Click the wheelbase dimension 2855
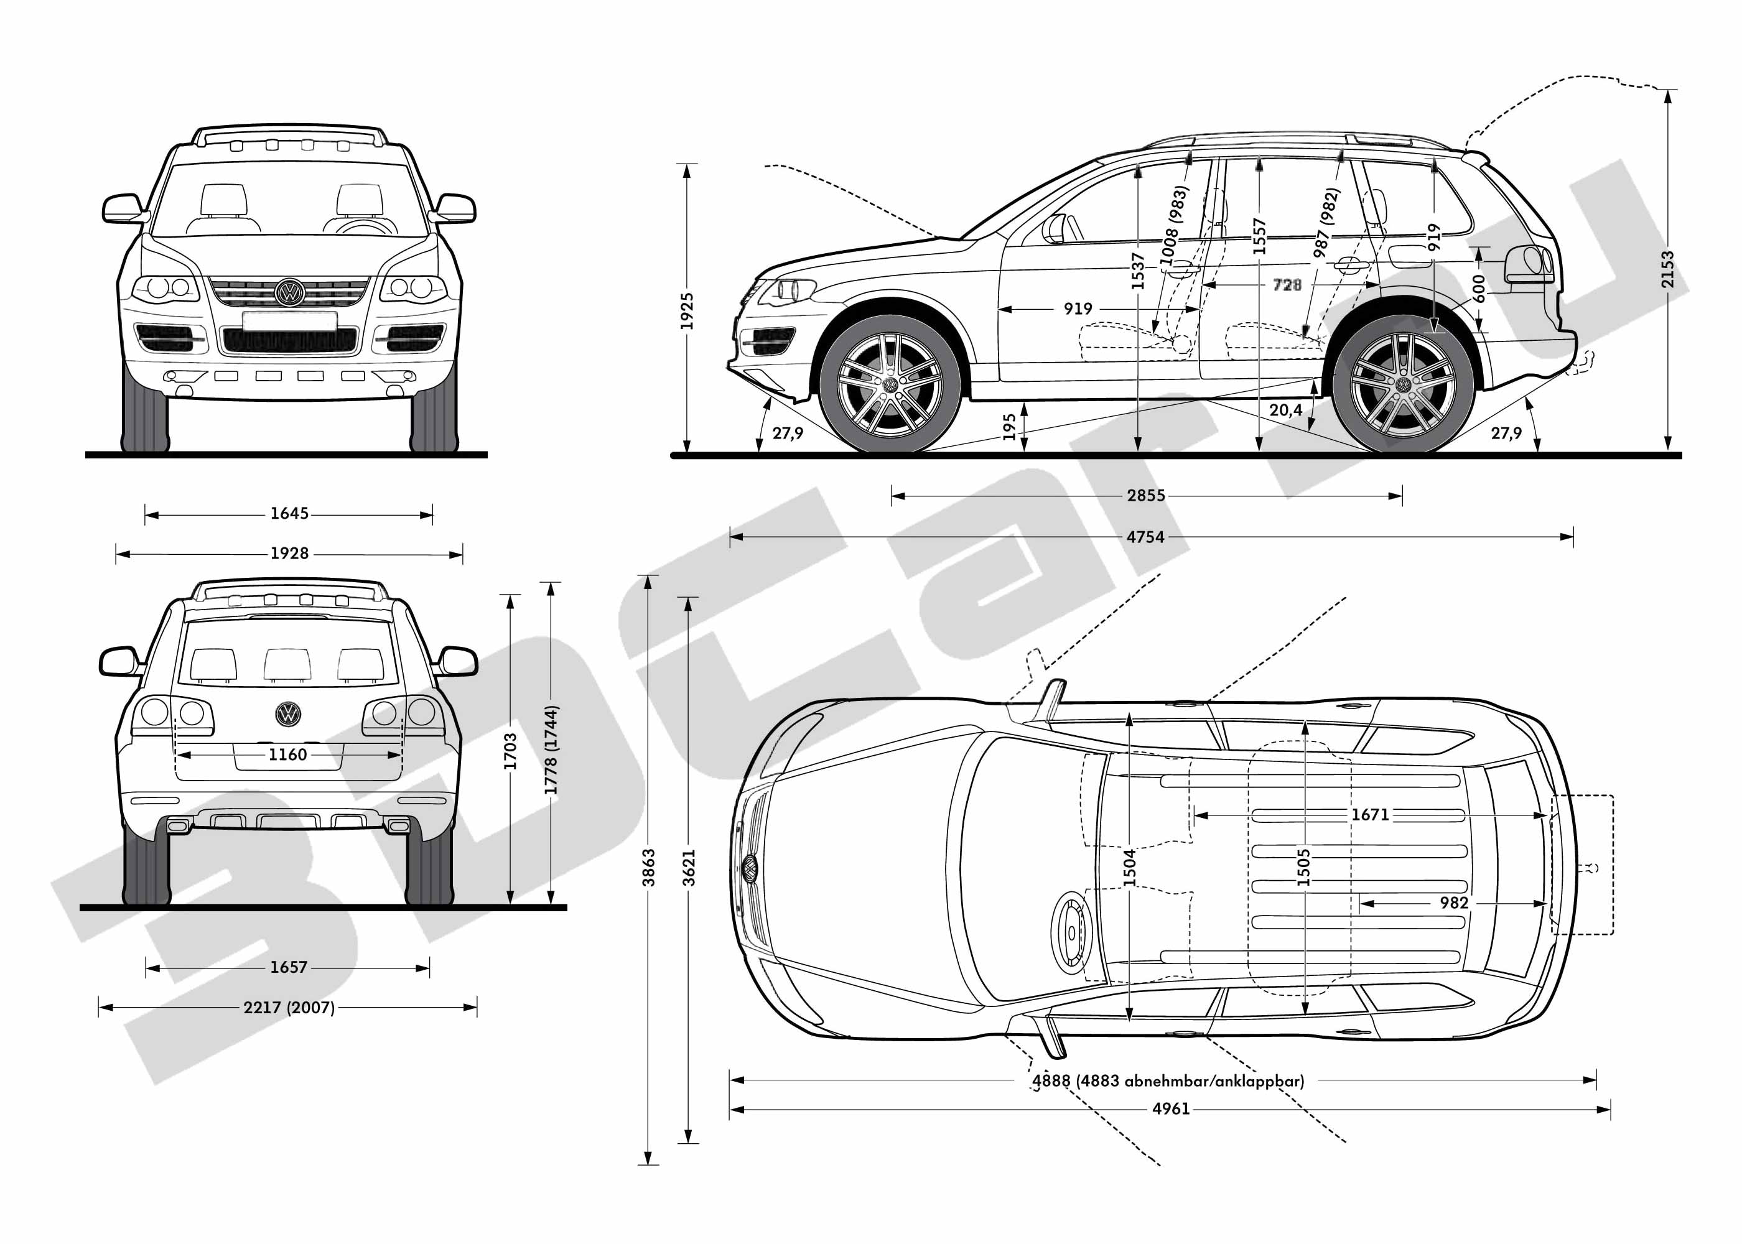pos(1145,496)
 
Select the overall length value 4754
pos(1145,537)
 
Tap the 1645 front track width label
pos(289,513)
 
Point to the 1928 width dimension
pos(289,553)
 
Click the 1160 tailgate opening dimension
pos(287,754)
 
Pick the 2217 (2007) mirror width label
pos(289,1007)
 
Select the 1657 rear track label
pos(288,967)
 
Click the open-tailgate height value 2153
pos(1668,269)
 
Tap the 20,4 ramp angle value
pos(1285,411)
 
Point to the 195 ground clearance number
pos(1010,427)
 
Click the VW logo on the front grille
pos(289,292)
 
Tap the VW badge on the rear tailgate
pos(288,714)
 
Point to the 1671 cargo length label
pos(1370,814)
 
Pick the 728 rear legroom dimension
pos(1287,285)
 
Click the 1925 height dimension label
pos(687,310)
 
